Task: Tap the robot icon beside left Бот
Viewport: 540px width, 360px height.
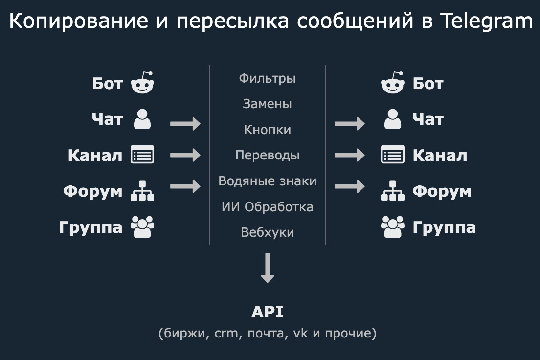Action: [x=142, y=84]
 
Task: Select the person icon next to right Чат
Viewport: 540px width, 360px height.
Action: [x=393, y=119]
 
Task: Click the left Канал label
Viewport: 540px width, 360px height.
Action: [x=95, y=156]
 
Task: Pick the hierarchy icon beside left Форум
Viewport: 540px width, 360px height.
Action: [x=142, y=191]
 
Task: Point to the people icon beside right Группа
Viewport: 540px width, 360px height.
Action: [x=393, y=227]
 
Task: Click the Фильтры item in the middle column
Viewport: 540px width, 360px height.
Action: [x=267, y=78]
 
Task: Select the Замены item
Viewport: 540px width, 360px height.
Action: [x=267, y=104]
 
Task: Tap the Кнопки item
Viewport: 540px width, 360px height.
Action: [x=267, y=130]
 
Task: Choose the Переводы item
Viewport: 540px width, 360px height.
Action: [x=267, y=156]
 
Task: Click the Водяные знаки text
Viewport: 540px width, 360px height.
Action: [x=267, y=181]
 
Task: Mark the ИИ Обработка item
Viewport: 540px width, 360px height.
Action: [x=267, y=206]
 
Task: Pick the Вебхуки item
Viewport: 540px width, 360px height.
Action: [x=267, y=232]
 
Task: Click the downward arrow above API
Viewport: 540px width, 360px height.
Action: [x=267, y=268]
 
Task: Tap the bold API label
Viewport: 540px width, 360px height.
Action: [x=267, y=312]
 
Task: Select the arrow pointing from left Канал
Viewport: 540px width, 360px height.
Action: [x=185, y=155]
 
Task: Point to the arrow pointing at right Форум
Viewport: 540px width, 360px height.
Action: [x=350, y=186]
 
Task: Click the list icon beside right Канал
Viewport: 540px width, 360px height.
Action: [x=393, y=155]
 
